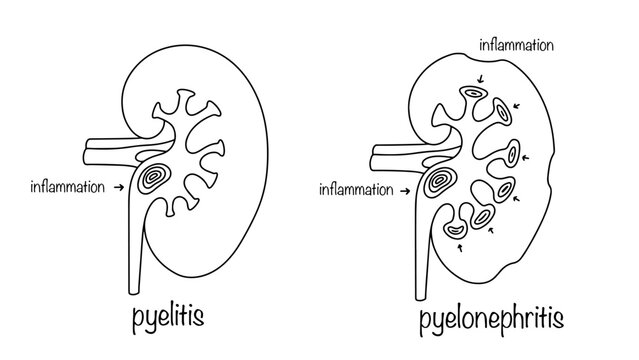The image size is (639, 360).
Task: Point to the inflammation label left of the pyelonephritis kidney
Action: [x=354, y=187]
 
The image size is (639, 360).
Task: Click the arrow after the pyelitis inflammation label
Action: [x=121, y=185]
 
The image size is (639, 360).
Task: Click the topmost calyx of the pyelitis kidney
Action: [x=186, y=99]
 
